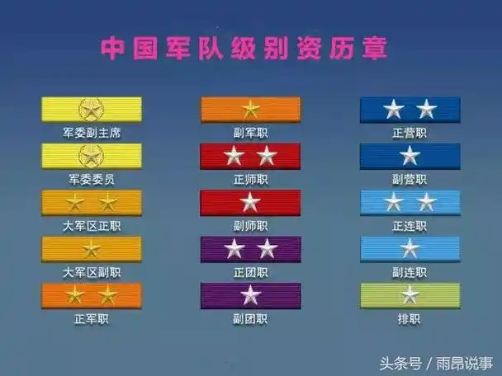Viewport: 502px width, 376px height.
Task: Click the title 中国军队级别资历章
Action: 244,47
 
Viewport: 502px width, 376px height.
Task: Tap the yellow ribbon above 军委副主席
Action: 91,109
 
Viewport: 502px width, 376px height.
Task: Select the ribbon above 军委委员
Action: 91,155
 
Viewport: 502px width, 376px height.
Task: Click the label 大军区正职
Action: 91,225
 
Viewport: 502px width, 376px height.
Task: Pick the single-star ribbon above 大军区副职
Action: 91,248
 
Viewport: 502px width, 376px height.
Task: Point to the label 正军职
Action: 91,317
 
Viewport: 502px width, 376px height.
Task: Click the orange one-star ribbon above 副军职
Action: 250,109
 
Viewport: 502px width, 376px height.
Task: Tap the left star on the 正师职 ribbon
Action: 234,156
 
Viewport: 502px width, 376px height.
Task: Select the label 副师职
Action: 250,225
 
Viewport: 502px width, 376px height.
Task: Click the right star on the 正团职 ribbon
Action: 266,248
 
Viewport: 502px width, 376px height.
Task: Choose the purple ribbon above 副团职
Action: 250,294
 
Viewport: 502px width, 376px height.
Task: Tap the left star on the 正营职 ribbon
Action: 394,109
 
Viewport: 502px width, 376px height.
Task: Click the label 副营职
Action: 410,179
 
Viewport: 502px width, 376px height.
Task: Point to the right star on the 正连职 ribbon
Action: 426,202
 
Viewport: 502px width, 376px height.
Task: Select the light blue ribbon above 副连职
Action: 410,248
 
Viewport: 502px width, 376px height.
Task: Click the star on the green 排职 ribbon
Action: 410,294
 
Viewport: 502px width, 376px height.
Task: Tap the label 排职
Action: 410,317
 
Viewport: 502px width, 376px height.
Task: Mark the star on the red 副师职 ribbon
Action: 250,202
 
